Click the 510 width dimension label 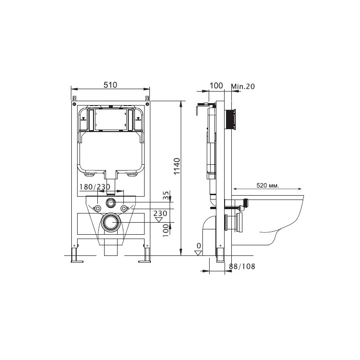click(110, 85)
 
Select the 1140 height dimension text click(177, 166)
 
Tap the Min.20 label click(243, 86)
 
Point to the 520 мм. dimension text click(267, 185)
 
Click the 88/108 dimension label click(242, 267)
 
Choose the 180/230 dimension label click(94, 187)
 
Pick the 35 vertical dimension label click(166, 195)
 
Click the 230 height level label click(160, 213)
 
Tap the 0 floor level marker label click(199, 246)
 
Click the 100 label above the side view click(216, 86)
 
